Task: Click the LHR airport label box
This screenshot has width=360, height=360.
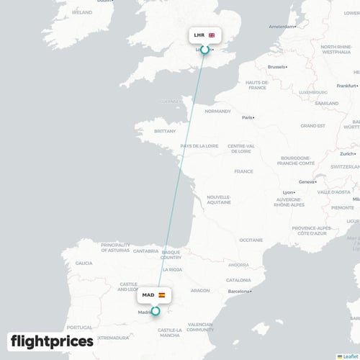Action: [204, 35]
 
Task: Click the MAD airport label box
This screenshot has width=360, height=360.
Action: [154, 295]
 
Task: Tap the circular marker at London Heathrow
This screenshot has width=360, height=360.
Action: [204, 50]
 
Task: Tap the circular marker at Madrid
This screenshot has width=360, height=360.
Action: [155, 310]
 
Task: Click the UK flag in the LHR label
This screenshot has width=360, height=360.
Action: [212, 35]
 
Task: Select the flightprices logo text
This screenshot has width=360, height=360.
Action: [52, 341]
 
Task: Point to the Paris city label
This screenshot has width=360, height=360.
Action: [248, 117]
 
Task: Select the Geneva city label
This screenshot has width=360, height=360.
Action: [307, 181]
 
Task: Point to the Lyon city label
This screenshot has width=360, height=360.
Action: [288, 192]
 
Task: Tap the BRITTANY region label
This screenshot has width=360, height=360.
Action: [165, 132]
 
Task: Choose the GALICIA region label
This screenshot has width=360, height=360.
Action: [84, 264]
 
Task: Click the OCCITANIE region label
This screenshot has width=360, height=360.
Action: [251, 240]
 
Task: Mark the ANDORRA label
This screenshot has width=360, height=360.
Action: [238, 264]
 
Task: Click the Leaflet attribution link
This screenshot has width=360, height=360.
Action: [351, 356]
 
